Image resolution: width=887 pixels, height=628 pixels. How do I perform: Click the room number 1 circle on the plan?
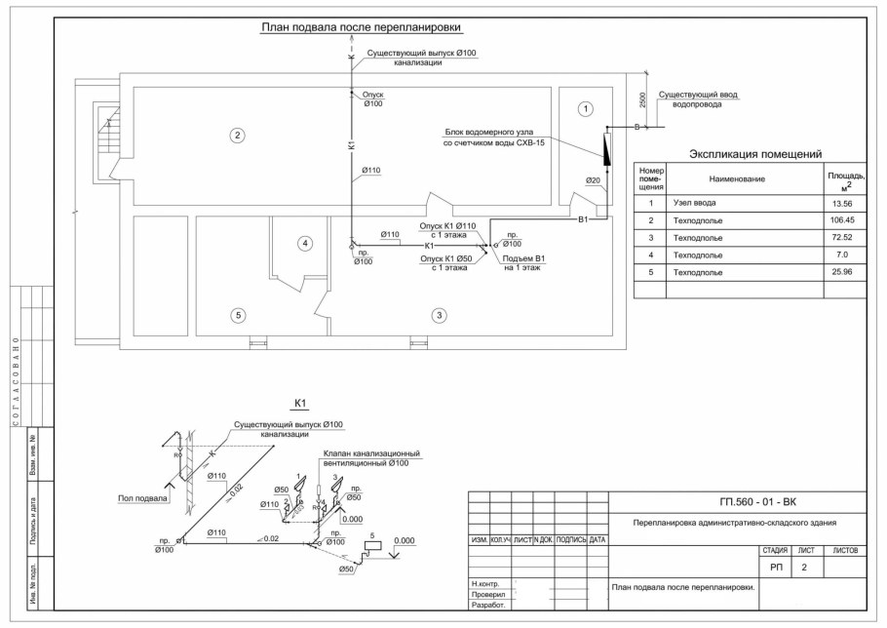[x=585, y=108]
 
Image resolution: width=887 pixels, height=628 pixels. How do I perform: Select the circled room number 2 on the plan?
[x=236, y=135]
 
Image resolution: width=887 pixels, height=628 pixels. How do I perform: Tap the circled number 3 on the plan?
[x=440, y=315]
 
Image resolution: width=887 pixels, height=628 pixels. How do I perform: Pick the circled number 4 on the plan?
[x=305, y=243]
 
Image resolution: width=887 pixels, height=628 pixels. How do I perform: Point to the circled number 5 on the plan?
[x=236, y=315]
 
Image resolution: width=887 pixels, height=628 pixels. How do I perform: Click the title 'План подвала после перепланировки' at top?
[x=361, y=28]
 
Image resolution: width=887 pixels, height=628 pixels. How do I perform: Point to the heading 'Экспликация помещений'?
[x=756, y=154]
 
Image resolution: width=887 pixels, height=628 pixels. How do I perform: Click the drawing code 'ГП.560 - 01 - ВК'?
[x=757, y=502]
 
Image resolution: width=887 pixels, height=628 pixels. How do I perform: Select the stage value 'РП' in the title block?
[x=777, y=566]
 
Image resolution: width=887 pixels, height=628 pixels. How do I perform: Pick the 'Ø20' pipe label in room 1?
[x=593, y=180]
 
